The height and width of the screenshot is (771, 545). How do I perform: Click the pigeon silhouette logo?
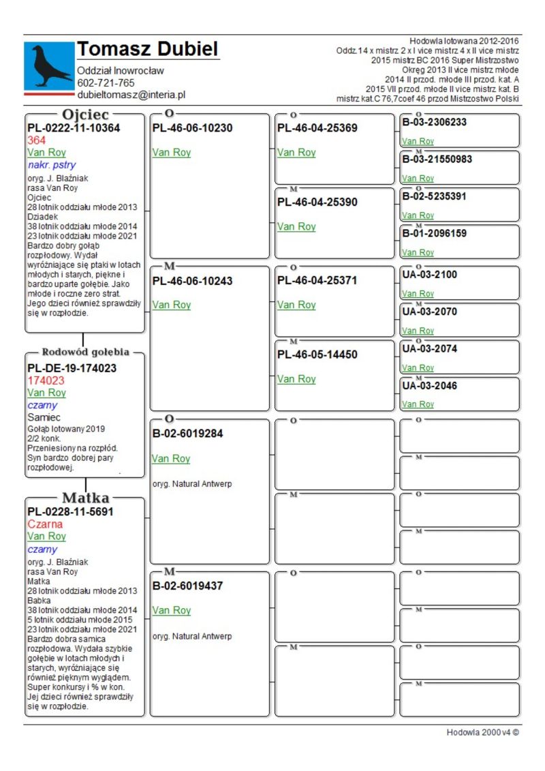coord(49,65)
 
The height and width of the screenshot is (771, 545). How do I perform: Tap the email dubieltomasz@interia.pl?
coord(131,95)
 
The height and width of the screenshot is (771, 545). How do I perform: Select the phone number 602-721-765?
coord(106,83)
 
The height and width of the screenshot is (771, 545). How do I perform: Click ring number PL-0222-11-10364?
coord(74,128)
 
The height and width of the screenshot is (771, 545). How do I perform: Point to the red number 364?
coord(37,140)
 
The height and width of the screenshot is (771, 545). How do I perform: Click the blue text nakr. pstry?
coord(52,165)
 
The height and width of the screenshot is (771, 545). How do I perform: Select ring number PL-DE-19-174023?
coord(72,368)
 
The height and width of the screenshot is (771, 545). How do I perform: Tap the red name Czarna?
coord(45,524)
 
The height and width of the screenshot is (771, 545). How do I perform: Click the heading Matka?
coord(85,498)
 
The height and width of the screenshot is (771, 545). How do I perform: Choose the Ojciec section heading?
coord(85,114)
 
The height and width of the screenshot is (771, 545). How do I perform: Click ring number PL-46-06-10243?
coord(192,281)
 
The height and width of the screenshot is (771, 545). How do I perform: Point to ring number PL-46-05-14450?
coord(317,354)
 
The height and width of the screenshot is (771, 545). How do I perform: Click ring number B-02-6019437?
coord(187,586)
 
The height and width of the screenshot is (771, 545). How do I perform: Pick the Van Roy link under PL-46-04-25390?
coord(296,227)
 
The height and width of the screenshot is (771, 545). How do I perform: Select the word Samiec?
coord(44,417)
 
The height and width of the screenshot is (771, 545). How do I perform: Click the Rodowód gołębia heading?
coord(85,352)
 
